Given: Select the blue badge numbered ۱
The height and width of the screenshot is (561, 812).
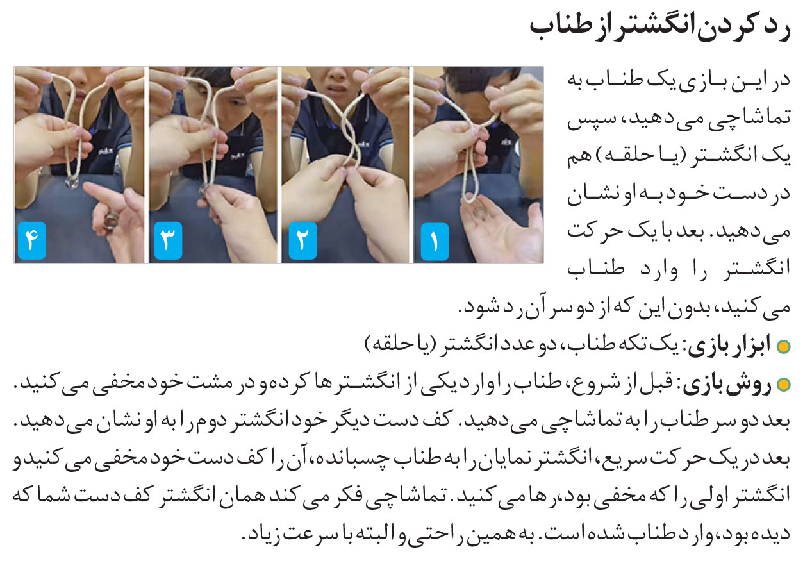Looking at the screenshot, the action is coord(435,242).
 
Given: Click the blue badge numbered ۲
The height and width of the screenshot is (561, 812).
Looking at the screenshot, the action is coord(302,241).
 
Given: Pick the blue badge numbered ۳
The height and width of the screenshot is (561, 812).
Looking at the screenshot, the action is coord(168,241).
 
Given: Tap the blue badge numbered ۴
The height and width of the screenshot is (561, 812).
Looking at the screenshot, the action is coord(32,241).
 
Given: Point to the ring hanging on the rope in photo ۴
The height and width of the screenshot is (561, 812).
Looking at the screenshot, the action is coord(72,183).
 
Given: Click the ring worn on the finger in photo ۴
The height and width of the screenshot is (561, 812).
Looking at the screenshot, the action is coord(111,221).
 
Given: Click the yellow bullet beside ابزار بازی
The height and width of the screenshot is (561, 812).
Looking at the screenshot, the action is coord(783,347).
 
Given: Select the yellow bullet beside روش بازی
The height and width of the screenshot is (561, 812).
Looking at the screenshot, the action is coord(783,385).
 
